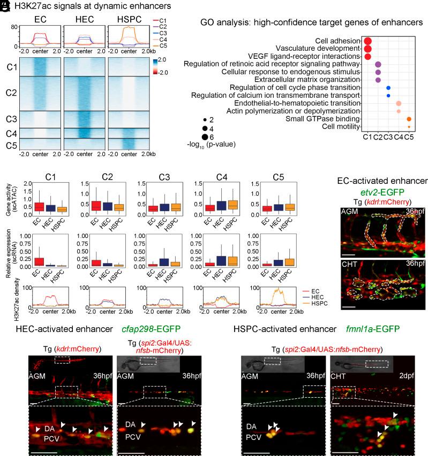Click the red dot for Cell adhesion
pos(367,41)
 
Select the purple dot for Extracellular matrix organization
pos(378,80)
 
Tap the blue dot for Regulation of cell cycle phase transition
pos(388,88)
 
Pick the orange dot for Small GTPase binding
pos(409,119)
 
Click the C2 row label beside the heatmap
pos(12,92)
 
